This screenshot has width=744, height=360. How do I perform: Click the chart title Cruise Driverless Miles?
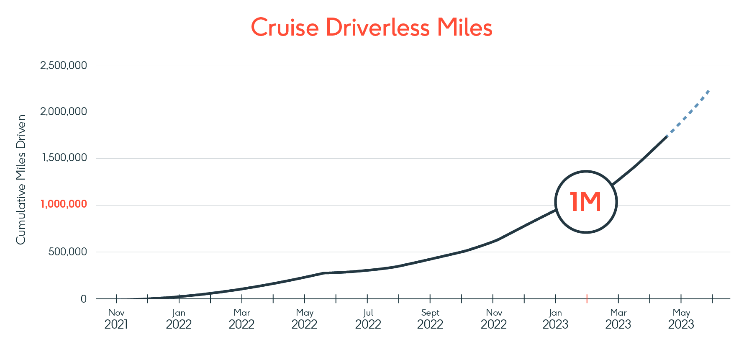click(x=372, y=28)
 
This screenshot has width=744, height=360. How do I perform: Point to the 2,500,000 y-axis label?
click(x=64, y=65)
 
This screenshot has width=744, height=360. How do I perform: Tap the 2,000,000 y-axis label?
click(x=64, y=111)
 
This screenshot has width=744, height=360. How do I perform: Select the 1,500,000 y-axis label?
click(x=64, y=158)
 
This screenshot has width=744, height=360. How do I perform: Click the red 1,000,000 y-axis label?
click(x=64, y=204)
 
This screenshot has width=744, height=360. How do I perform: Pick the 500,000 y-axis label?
click(x=68, y=252)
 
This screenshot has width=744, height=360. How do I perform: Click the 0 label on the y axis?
click(x=84, y=299)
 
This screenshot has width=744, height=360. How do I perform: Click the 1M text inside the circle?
click(x=586, y=202)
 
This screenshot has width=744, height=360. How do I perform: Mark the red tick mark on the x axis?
click(x=587, y=298)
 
